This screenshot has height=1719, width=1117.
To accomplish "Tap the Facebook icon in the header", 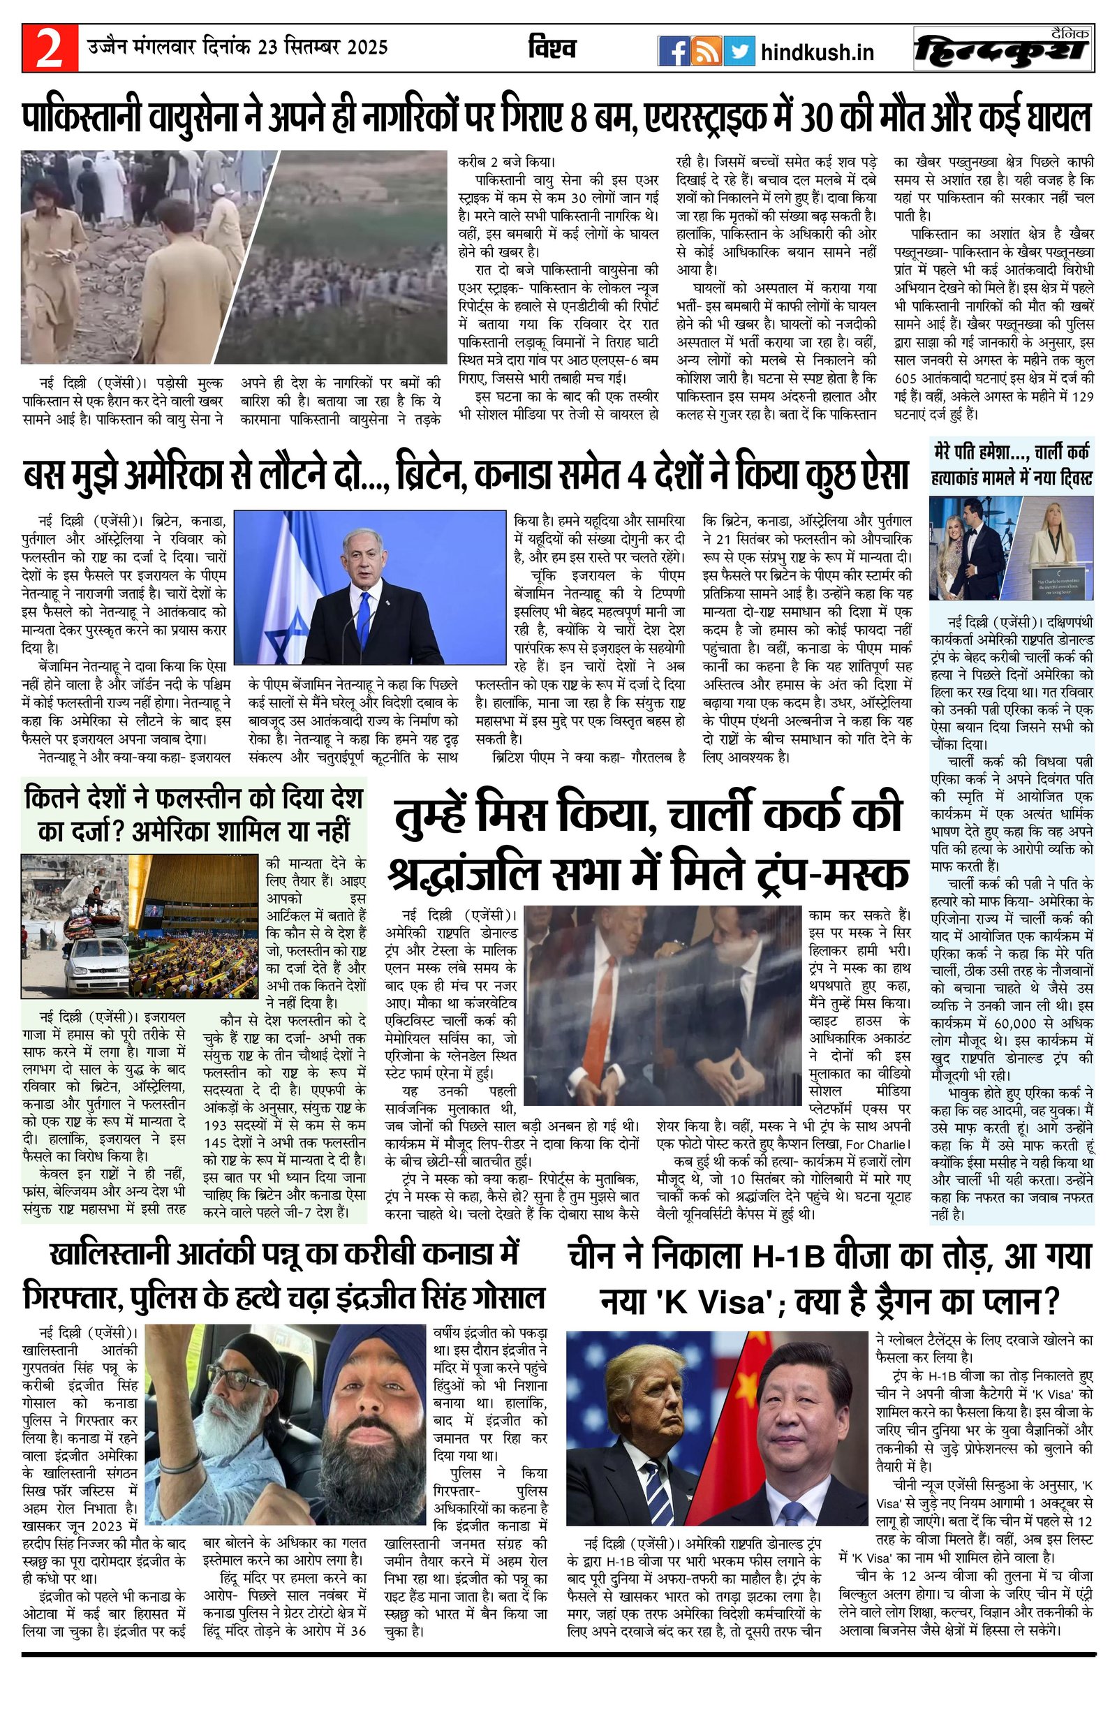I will click(x=673, y=51).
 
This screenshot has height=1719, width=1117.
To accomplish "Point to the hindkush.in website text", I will click(x=818, y=52).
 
